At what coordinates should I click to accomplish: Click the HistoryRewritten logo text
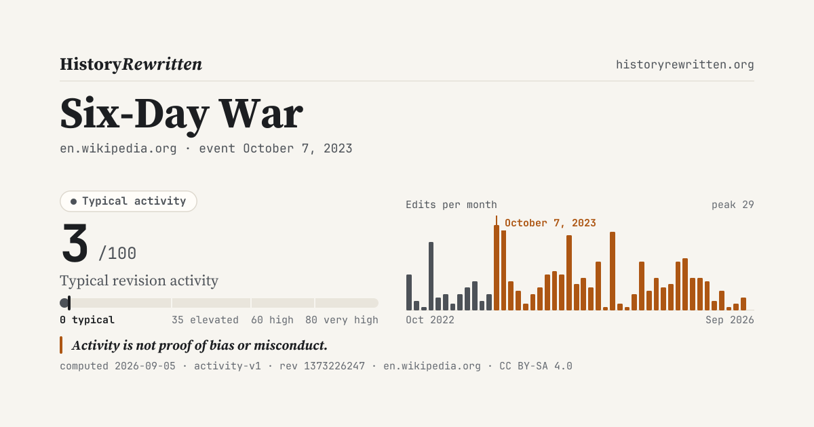131,64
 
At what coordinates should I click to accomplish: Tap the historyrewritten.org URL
684,64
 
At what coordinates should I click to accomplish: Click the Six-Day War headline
181,114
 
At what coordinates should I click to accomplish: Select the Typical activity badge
128,201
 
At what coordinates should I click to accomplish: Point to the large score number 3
75,243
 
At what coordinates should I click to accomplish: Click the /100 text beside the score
117,253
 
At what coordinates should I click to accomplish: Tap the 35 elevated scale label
205,320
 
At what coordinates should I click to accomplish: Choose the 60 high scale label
272,320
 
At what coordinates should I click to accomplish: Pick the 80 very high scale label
342,320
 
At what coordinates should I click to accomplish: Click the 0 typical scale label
88,320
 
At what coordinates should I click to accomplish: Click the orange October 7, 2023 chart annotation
550,223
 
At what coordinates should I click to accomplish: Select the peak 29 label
733,205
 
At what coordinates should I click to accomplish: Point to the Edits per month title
451,205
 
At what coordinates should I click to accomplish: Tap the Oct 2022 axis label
430,320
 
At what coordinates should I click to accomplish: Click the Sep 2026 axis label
730,320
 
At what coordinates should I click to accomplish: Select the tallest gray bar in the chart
431,276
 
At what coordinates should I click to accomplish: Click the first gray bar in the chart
409,292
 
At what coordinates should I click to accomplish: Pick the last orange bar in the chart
743,304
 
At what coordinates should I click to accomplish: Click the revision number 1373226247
334,366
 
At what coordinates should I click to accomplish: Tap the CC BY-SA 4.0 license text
536,366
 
